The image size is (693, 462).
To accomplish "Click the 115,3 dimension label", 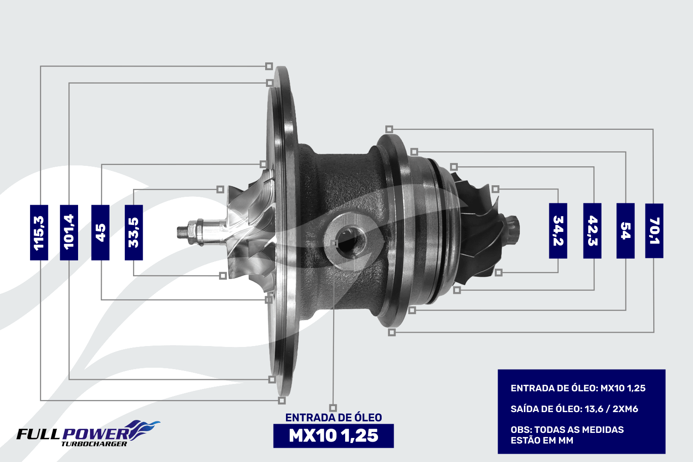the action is pos(39,232).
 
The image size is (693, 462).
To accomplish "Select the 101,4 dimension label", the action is pos(69,232).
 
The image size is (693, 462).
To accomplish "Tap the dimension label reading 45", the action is pos(100,232).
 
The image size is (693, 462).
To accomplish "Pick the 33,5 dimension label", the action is pos(134,232).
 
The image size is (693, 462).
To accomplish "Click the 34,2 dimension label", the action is pos(558,231).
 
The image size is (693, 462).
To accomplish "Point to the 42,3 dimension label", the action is pos(592,231).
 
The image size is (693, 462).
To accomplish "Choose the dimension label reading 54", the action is pos(626,231).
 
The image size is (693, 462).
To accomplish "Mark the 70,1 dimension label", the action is pos(654,231).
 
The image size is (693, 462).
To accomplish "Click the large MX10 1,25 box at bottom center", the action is pos(334,436).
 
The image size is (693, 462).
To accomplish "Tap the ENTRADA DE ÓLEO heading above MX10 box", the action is pos(334,418).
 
